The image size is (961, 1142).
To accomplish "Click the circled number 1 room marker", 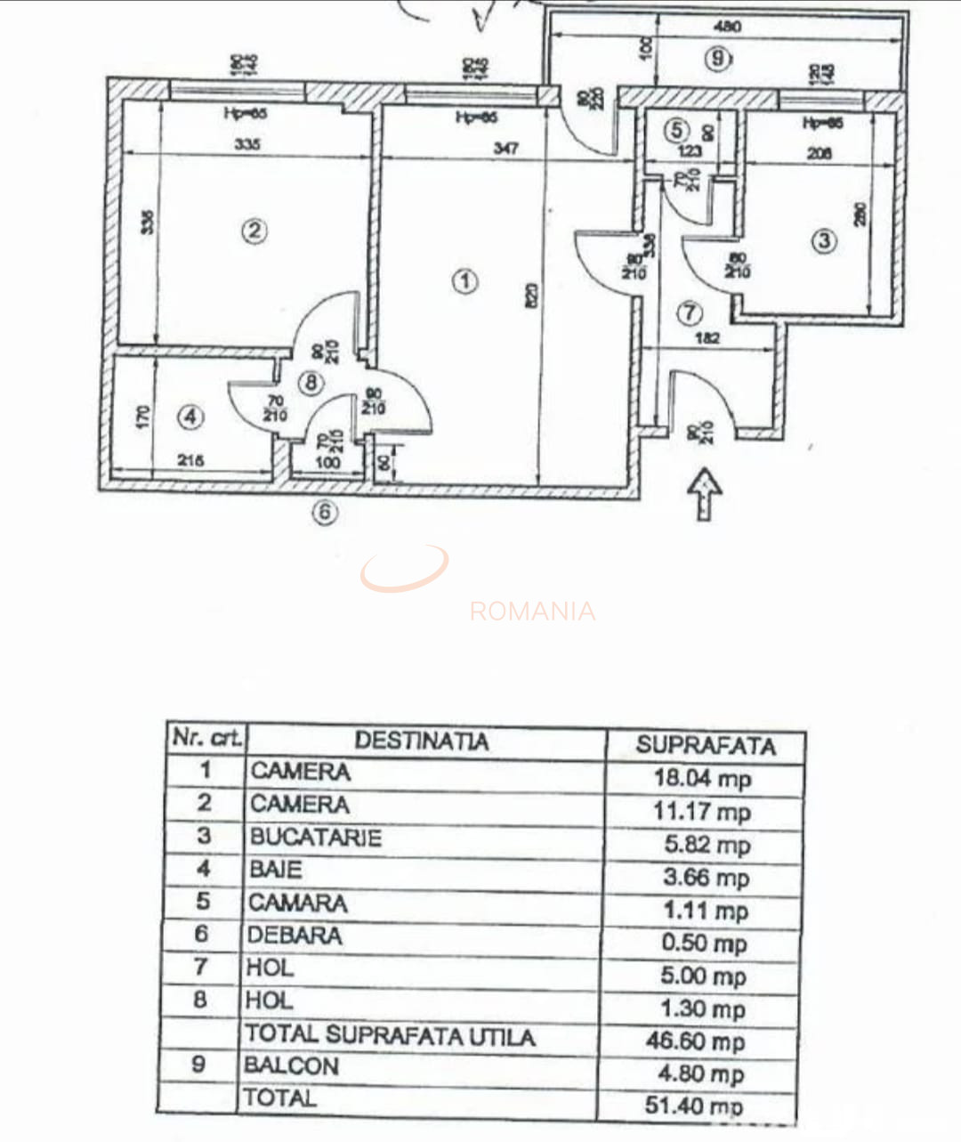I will pyautogui.click(x=464, y=282).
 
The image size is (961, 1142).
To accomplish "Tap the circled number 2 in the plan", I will pyautogui.click(x=254, y=231).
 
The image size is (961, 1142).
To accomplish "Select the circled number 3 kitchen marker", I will pyautogui.click(x=825, y=241).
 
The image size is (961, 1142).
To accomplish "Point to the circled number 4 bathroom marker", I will pyautogui.click(x=190, y=417).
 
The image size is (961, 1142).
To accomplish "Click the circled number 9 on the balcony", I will pyautogui.click(x=718, y=60).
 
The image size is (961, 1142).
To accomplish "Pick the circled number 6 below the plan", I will pyautogui.click(x=327, y=513).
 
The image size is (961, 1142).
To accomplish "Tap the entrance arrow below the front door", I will pyautogui.click(x=705, y=493).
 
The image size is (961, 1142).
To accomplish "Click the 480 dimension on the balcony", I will pyautogui.click(x=727, y=27).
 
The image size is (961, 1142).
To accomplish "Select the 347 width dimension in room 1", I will pyautogui.click(x=505, y=149).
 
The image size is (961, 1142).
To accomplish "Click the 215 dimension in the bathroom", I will pyautogui.click(x=190, y=461).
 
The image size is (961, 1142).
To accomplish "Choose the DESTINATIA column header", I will pyautogui.click(x=421, y=741).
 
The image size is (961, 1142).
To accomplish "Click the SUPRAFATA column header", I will pyautogui.click(x=705, y=746).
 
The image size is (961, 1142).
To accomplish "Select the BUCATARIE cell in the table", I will pyautogui.click(x=315, y=838).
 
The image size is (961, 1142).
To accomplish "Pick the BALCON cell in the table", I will pyautogui.click(x=292, y=1065).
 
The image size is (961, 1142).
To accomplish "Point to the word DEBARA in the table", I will pyautogui.click(x=295, y=935).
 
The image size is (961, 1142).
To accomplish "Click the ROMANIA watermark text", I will pyautogui.click(x=532, y=611).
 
